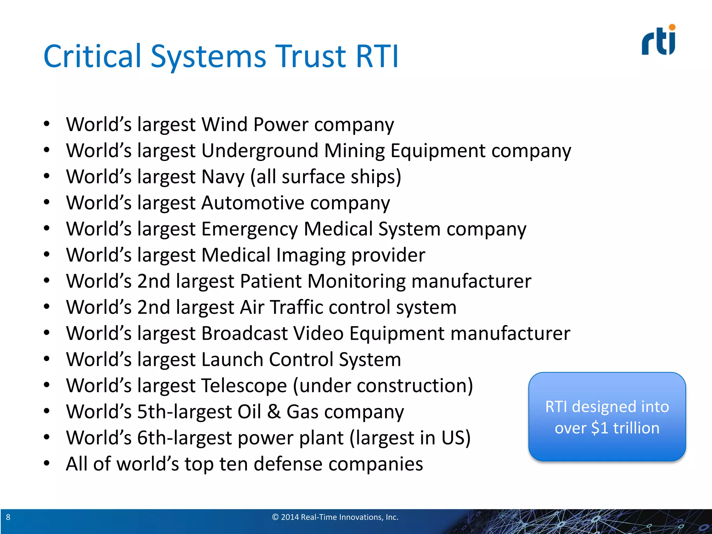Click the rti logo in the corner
click(658, 41)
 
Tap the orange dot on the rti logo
click(672, 27)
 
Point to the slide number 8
click(8, 517)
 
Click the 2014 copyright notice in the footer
click(335, 517)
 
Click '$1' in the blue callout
click(599, 428)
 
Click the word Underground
click(260, 151)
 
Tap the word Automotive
click(253, 203)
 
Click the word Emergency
click(249, 229)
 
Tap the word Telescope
click(244, 386)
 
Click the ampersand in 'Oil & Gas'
click(274, 412)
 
